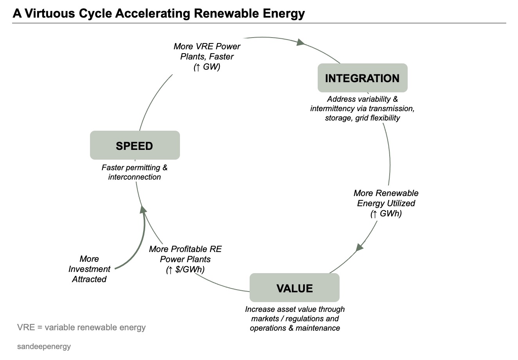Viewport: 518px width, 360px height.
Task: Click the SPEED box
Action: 135,145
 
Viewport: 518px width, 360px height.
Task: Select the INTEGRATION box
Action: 362,78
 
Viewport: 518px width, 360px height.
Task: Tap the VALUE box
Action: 294,288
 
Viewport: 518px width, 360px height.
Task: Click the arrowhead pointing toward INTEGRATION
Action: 300,42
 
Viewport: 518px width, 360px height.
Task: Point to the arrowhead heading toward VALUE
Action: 359,248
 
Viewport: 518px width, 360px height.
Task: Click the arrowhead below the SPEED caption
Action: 143,210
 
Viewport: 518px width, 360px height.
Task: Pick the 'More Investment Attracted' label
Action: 89,269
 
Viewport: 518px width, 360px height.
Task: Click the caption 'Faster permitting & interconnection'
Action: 134,172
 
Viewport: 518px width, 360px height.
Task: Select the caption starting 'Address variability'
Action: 362,108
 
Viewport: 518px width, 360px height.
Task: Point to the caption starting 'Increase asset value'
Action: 295,319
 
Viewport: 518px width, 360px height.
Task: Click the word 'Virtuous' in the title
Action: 50,13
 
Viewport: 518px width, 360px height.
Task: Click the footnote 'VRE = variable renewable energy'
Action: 81,328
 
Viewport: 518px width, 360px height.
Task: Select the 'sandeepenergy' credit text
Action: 44,346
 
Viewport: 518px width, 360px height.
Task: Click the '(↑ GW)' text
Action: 207,67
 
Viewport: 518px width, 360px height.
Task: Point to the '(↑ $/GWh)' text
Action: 185,270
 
